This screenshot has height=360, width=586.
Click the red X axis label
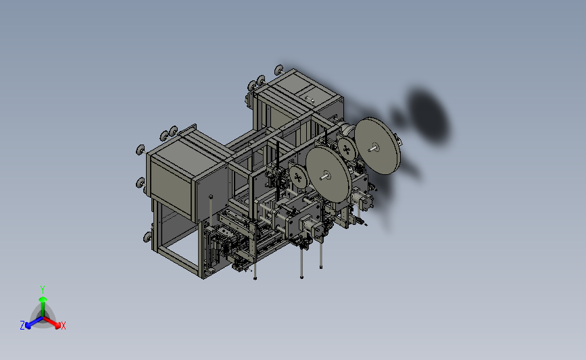(63, 326)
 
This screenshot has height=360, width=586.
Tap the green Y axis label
(43, 290)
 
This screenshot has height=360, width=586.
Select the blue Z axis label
(22, 326)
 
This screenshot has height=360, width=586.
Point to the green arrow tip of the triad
(43, 299)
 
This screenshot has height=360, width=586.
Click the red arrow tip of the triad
(57, 326)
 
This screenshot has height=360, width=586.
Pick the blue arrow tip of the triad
(28, 326)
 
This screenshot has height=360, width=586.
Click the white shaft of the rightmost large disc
(372, 149)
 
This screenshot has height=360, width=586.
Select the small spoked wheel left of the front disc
(298, 177)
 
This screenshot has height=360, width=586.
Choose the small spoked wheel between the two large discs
(347, 149)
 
